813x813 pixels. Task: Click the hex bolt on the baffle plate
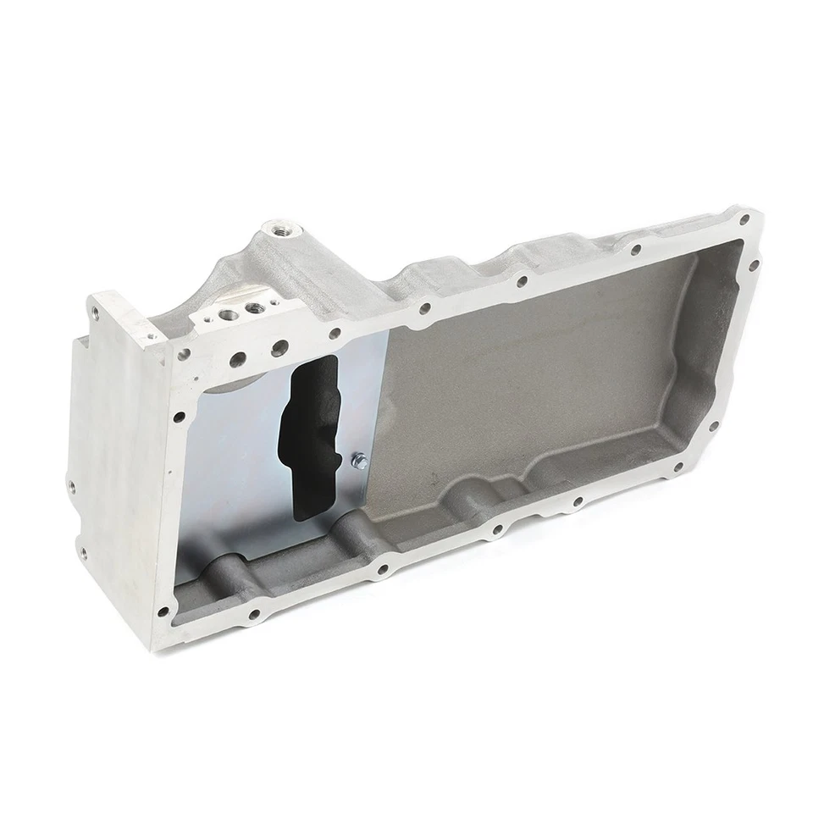[357, 460]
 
